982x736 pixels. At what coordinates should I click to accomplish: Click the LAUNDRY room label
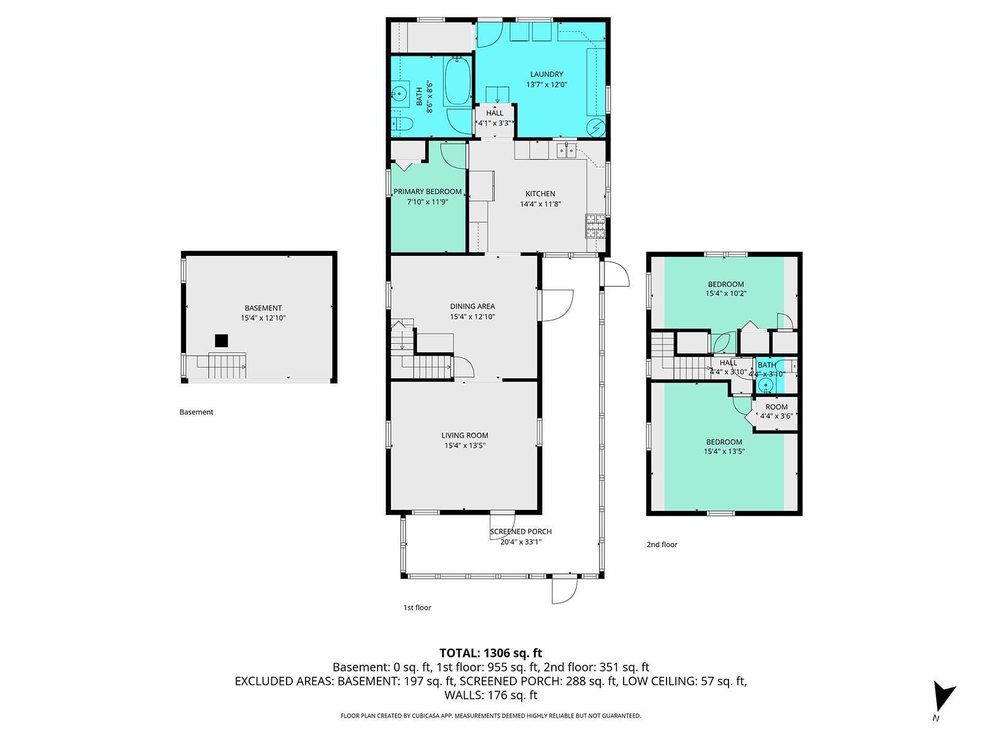pos(546,74)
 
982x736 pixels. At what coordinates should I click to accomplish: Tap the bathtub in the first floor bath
pos(457,80)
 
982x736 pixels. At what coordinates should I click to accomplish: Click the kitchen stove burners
pos(595,226)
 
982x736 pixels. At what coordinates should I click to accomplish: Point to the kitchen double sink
pos(566,151)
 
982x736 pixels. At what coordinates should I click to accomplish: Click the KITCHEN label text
pos(540,193)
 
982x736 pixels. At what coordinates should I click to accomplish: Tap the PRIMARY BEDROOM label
pos(427,191)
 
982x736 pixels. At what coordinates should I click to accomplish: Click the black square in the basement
pos(221,340)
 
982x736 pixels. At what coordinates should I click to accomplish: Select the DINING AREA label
pos(472,306)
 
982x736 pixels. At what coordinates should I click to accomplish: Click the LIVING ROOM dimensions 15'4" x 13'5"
pos(465,445)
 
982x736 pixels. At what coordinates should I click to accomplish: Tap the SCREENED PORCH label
pos(520,531)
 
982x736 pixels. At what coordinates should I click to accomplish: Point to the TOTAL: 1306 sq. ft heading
pos(491,653)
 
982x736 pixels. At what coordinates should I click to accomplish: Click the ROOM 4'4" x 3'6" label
pos(776,411)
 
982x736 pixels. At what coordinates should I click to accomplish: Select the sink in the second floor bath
pos(765,385)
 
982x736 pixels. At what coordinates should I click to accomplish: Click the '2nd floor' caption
pos(662,544)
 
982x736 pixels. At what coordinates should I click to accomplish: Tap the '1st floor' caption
pos(417,607)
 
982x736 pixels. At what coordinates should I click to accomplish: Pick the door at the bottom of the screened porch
pos(565,591)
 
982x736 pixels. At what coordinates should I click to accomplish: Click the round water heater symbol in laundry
pos(596,128)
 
